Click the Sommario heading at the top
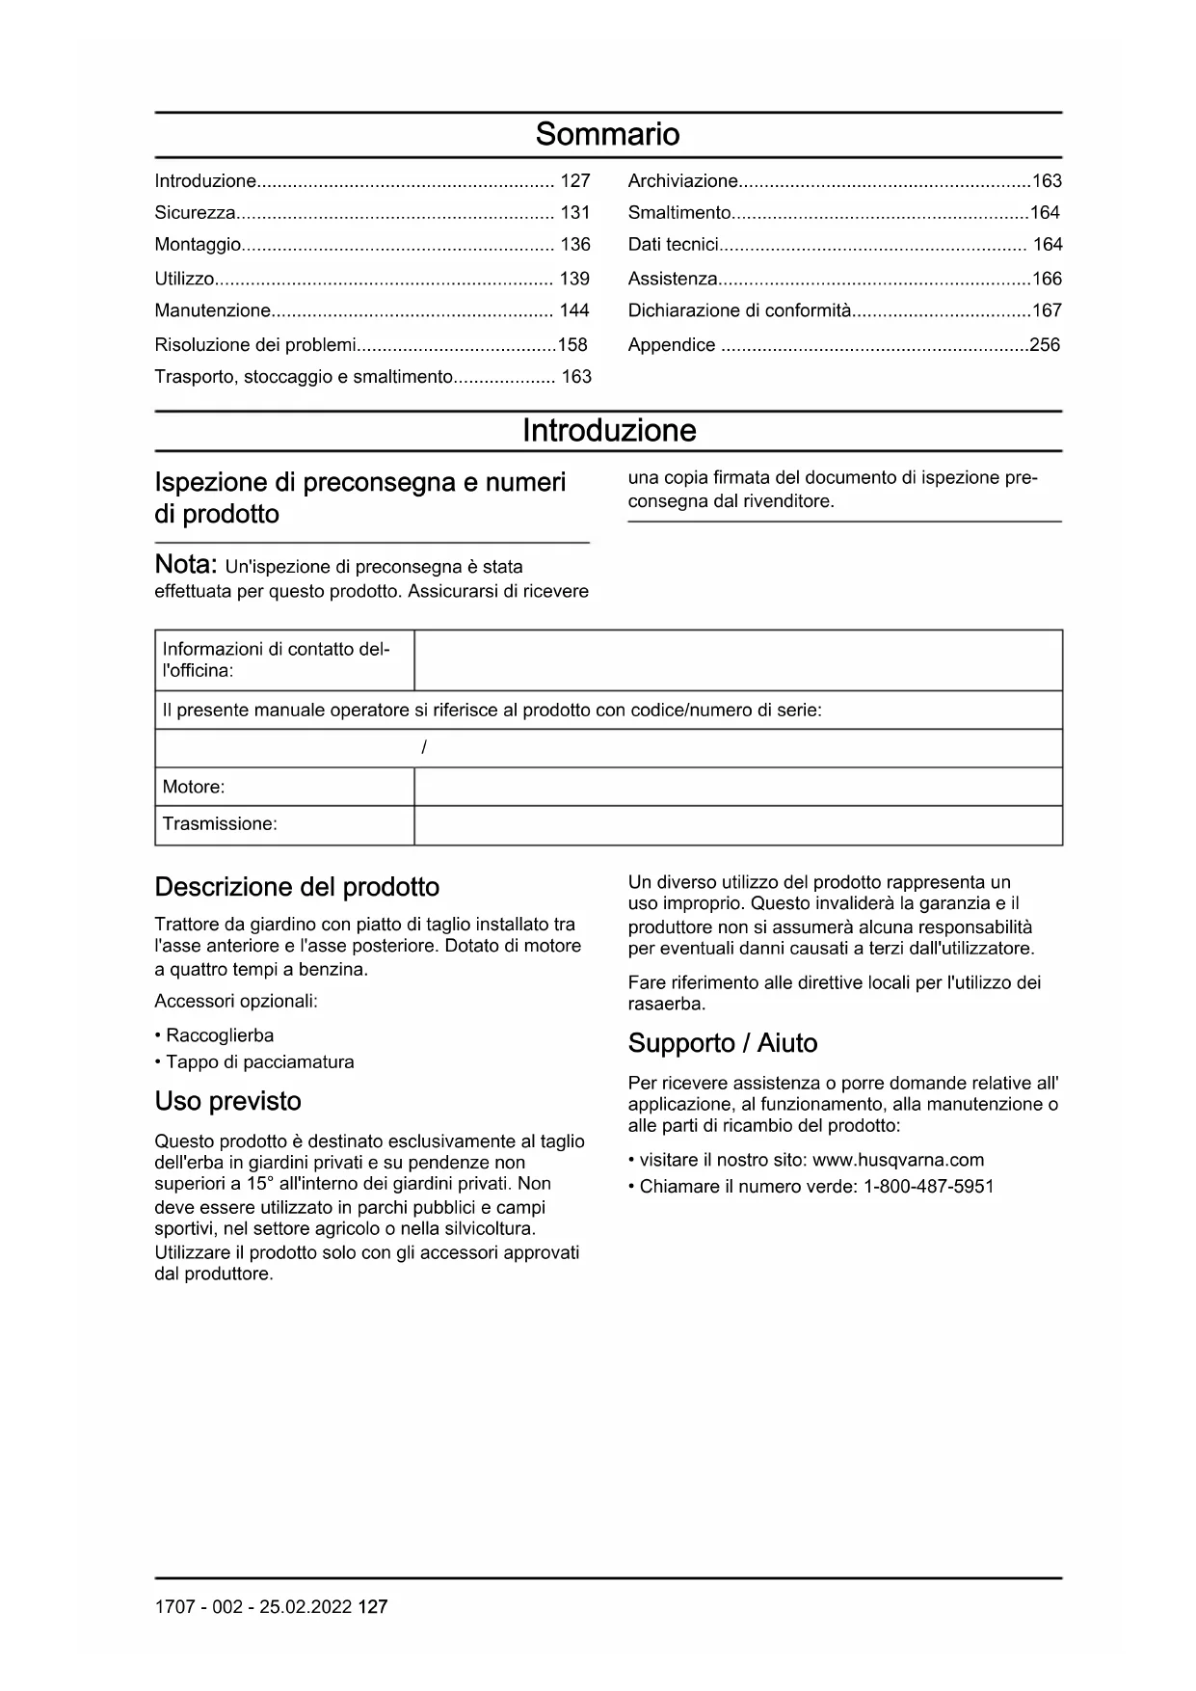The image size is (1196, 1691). pos(607,134)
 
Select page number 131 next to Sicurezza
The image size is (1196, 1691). pos(574,213)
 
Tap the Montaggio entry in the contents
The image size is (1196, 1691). pos(198,245)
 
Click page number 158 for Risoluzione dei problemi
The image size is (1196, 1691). pos(572,344)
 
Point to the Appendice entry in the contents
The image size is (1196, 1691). pos(672,344)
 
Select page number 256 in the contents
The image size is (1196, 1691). pos(1045,344)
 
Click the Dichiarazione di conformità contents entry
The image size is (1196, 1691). pos(739,310)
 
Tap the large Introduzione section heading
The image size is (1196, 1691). pos(608,430)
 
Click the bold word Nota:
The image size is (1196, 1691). pos(187,565)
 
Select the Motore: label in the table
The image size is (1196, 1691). pos(194,787)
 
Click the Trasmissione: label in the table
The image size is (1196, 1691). pos(220,824)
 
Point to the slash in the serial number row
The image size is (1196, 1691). pos(424,748)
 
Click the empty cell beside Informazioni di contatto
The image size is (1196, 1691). pos(737,660)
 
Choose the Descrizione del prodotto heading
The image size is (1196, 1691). pos(297,887)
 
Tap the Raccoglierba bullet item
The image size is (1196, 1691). pos(220,1035)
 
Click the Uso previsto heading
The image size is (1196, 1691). pos(228,1101)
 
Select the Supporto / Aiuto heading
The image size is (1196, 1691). pos(723,1043)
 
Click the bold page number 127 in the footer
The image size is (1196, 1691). pos(372,1607)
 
